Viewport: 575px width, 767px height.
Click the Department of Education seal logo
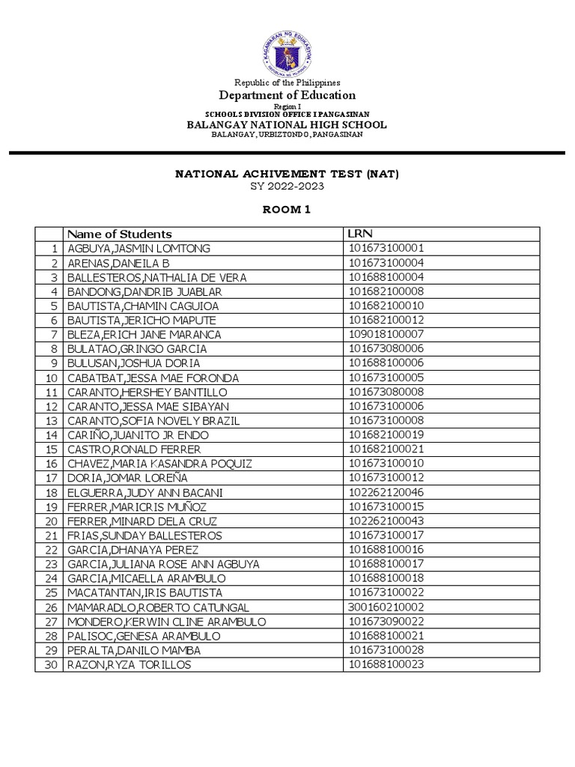[x=287, y=50]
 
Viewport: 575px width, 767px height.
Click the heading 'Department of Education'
[x=287, y=95]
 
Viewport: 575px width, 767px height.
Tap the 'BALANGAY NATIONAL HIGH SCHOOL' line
[x=287, y=124]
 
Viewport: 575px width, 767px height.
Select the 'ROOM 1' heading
[x=287, y=210]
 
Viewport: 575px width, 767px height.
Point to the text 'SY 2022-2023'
[x=287, y=187]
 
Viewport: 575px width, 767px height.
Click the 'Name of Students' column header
[x=120, y=234]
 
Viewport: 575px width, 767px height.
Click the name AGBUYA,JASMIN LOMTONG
[x=139, y=249]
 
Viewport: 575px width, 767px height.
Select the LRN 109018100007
[x=386, y=335]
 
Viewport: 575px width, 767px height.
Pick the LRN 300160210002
[x=386, y=607]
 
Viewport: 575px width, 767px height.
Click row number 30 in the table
[x=50, y=665]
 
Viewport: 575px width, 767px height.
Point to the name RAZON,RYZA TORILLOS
[x=129, y=665]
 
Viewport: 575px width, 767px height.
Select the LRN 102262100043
[x=386, y=521]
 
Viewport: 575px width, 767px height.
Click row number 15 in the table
[x=50, y=449]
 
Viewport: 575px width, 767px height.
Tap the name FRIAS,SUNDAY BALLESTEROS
[x=144, y=536]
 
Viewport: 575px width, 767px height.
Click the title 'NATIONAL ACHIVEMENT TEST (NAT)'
[x=287, y=174]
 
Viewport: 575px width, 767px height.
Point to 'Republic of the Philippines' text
[x=287, y=82]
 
